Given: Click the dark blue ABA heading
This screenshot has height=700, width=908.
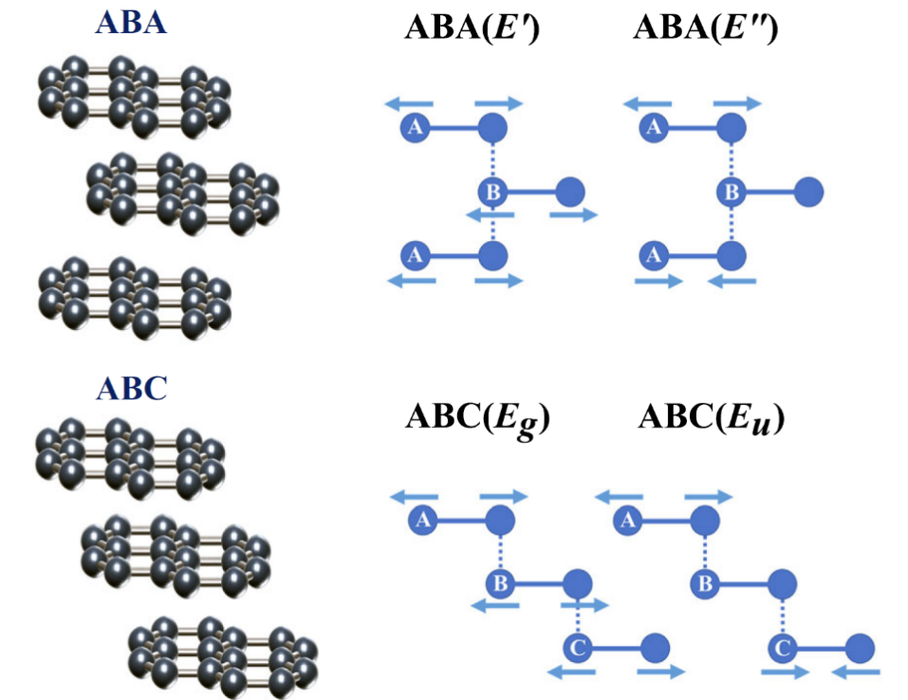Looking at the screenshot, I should (131, 23).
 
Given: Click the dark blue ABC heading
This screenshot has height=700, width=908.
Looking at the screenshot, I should (131, 388).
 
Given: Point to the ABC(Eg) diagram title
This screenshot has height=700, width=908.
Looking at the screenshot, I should (479, 417).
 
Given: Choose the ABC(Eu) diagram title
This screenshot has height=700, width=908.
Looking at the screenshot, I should (712, 417).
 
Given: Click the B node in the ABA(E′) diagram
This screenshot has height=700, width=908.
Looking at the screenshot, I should (492, 193).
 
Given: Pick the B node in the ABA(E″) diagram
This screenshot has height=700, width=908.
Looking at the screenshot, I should (731, 193).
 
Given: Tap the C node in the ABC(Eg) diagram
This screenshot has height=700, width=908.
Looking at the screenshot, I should (578, 648).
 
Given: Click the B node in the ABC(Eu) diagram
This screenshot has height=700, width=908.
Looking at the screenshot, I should (704, 583).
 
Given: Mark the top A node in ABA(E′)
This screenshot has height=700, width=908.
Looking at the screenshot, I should (414, 127).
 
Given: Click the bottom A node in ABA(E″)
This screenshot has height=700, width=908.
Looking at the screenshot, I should (652, 255).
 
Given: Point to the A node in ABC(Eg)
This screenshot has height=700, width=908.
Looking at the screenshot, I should (423, 519).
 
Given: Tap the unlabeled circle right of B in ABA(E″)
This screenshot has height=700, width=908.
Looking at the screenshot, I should (808, 193).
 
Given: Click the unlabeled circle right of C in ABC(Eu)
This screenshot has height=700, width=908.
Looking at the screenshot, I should (861, 648).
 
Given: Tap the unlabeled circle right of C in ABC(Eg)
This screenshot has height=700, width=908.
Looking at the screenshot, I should (656, 648).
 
